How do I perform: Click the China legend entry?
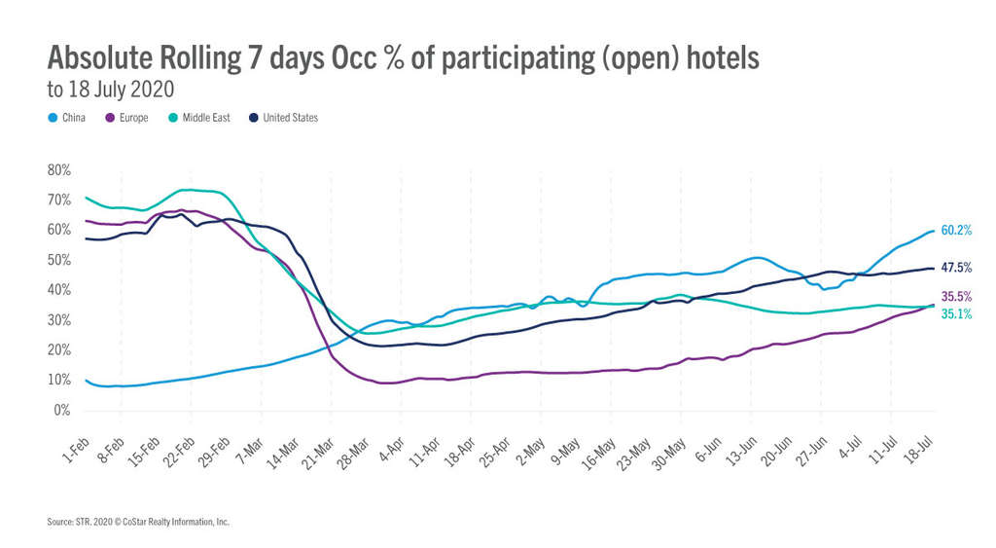pyautogui.click(x=68, y=118)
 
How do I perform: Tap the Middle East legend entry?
pyautogui.click(x=198, y=118)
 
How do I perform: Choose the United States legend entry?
pyautogui.click(x=283, y=118)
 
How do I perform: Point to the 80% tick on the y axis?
pyautogui.click(x=58, y=170)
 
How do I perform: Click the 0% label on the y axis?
pyautogui.click(x=61, y=410)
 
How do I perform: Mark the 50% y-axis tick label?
pyautogui.click(x=58, y=260)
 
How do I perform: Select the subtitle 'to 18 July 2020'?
pyautogui.click(x=110, y=90)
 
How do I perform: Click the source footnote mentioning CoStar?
pyautogui.click(x=138, y=523)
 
